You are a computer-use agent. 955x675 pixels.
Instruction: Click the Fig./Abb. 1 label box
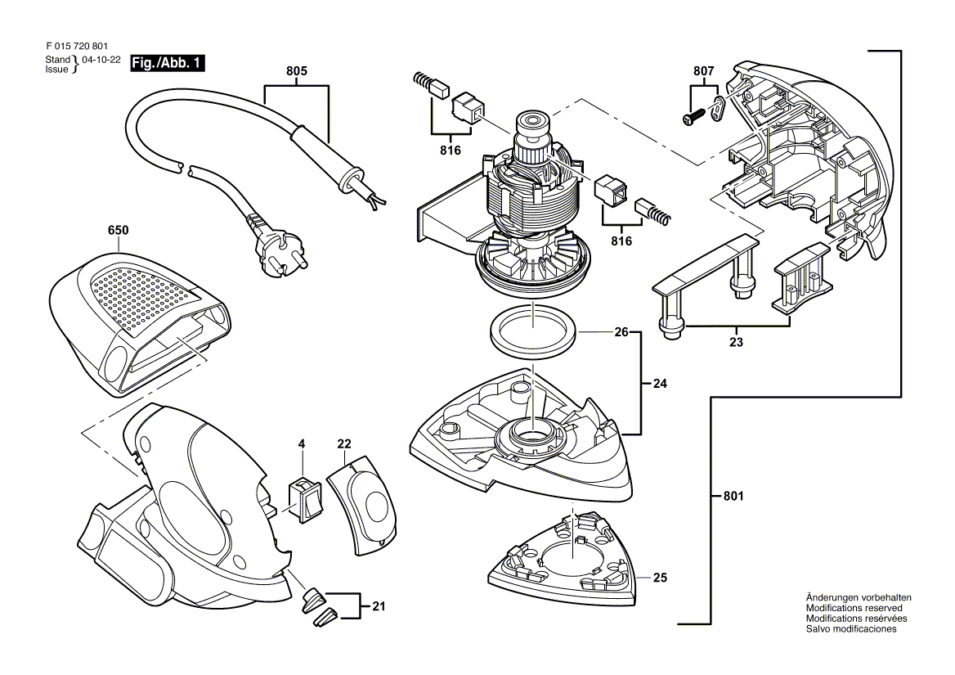[x=168, y=63]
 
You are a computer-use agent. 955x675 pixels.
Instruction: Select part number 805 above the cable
[x=297, y=71]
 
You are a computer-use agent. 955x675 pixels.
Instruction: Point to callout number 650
[x=119, y=230]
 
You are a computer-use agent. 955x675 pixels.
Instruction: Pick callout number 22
[x=344, y=444]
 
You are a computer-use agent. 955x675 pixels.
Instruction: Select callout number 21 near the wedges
[x=379, y=607]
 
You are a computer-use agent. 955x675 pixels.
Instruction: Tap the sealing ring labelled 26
[x=532, y=333]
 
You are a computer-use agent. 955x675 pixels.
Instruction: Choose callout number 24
[x=660, y=384]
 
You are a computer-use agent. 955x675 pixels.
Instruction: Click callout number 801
[x=734, y=496]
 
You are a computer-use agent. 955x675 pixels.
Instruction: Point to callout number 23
[x=737, y=342]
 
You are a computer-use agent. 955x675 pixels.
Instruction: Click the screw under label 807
[x=694, y=117]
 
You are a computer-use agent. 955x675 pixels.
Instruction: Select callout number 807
[x=703, y=71]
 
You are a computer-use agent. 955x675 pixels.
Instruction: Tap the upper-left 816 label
[x=451, y=151]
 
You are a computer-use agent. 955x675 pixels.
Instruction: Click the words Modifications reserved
[x=854, y=608]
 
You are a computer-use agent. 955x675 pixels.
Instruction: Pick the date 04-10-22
[x=101, y=61]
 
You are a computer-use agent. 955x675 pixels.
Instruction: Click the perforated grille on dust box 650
[x=146, y=299]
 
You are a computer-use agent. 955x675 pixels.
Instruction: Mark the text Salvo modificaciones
[x=851, y=628]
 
